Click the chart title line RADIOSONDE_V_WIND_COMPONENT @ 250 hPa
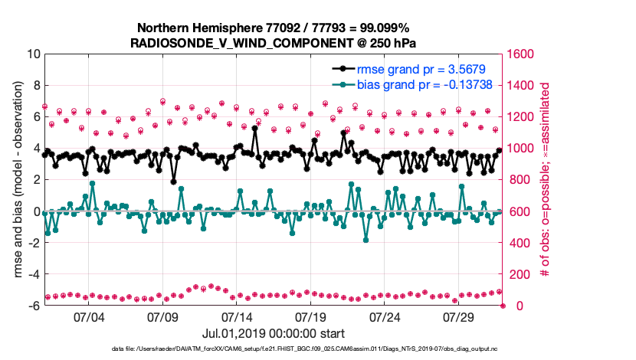pyautogui.click(x=274, y=42)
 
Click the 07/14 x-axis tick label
pyautogui.click(x=237, y=316)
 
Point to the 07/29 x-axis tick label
pyautogui.click(x=461, y=316)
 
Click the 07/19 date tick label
pyautogui.click(x=311, y=316)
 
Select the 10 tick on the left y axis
pyautogui.click(x=34, y=54)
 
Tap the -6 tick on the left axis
pyautogui.click(x=34, y=306)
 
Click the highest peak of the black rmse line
pyautogui.click(x=254, y=129)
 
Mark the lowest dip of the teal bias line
pyautogui.click(x=366, y=240)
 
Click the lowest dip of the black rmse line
pyautogui.click(x=174, y=182)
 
